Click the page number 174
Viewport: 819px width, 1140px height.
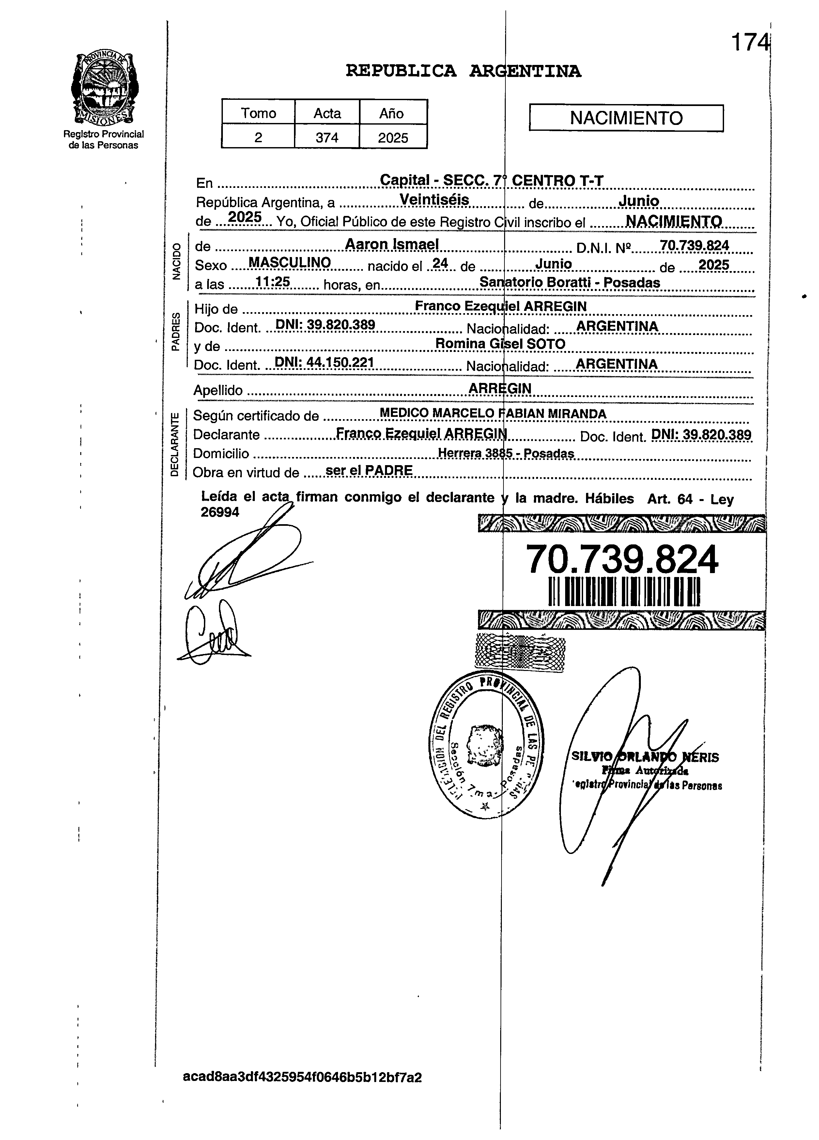(749, 42)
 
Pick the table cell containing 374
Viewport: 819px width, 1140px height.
(327, 137)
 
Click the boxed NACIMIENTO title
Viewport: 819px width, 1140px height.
(626, 118)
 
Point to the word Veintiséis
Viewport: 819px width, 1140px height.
(434, 200)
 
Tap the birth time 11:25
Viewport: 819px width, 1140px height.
(272, 282)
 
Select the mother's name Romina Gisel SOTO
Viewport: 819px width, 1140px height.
(500, 344)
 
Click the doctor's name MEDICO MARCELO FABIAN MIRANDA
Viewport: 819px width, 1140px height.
(493, 413)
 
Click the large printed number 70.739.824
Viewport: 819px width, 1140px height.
(622, 560)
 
